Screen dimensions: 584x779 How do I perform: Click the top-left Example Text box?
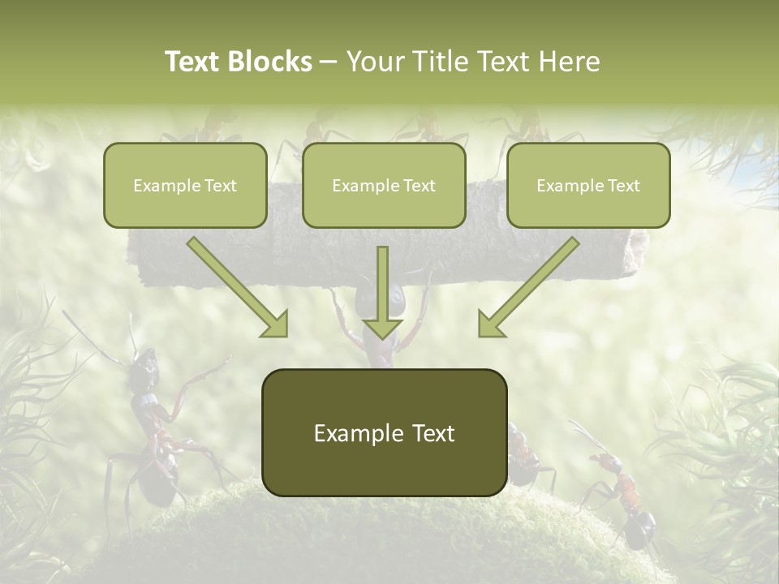185,185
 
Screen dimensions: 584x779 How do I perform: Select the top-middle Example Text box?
384,185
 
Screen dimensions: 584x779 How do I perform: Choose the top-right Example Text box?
588,185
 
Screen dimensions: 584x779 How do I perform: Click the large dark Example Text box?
384,432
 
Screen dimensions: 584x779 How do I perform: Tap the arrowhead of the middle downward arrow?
382,328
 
